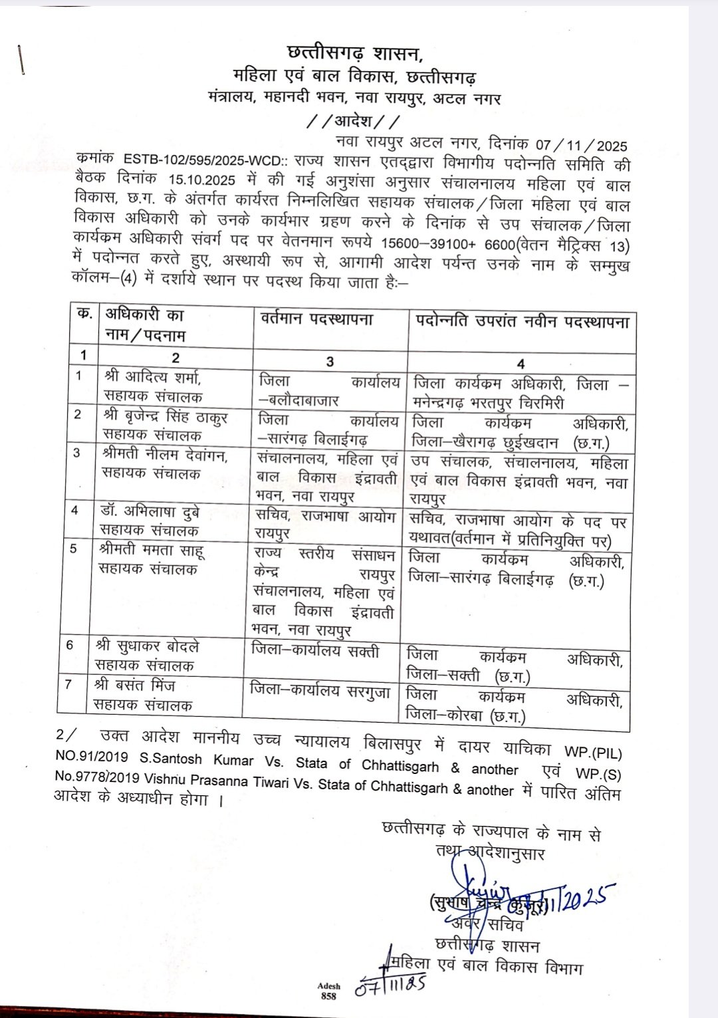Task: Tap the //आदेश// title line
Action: point(354,122)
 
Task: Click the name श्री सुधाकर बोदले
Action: point(147,646)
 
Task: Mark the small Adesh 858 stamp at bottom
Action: point(328,990)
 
